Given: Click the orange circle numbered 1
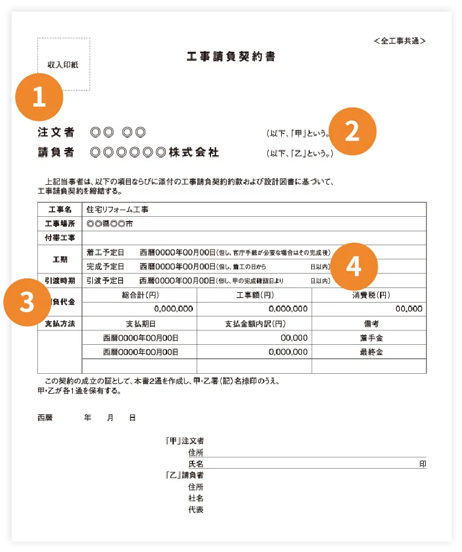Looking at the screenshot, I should coord(39,97).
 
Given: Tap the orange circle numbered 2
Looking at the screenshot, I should coord(352,132).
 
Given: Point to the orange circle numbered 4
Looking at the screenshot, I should coord(353,266).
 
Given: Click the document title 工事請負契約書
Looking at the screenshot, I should coord(231,57).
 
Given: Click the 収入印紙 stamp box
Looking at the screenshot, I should coord(63,64).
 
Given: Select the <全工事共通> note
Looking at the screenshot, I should coord(400,41).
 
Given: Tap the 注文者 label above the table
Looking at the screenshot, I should coord(56,132).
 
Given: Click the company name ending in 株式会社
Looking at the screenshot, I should coord(154,152).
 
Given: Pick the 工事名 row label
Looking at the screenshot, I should coord(59,210).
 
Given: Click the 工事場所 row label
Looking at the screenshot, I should coord(59,223).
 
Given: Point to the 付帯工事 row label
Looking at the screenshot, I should coord(59,237).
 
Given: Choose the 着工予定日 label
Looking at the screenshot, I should coord(105,252).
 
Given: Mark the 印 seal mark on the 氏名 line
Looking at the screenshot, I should coord(423,464).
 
